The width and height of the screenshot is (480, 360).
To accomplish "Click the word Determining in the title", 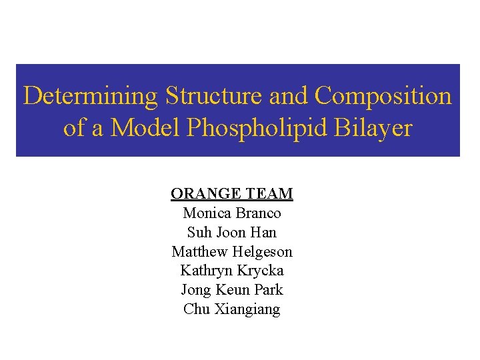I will pyautogui.click(x=90, y=96).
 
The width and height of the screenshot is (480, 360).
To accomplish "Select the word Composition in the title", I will pyautogui.click(x=383, y=96).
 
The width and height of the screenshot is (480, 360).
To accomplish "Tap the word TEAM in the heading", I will pyautogui.click(x=270, y=194).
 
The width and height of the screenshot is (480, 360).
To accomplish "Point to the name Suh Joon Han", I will pyautogui.click(x=232, y=233).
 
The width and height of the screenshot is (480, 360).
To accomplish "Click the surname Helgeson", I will pyautogui.click(x=263, y=252).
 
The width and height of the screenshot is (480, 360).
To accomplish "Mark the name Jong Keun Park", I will pyautogui.click(x=232, y=291).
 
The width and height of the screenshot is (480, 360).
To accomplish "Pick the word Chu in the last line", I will pyautogui.click(x=195, y=310).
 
